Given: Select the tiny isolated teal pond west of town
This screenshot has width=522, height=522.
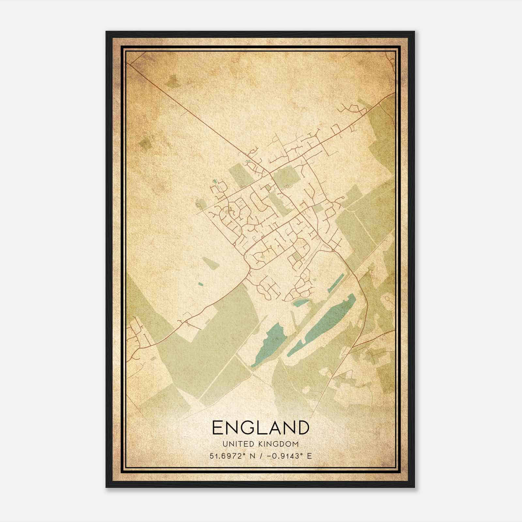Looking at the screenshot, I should point(200,284).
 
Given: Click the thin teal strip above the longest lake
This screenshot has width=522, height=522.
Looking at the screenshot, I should point(336,283).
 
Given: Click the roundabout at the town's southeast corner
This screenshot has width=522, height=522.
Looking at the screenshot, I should point(332,251).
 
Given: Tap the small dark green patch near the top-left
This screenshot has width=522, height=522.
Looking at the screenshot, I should point(173,80).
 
